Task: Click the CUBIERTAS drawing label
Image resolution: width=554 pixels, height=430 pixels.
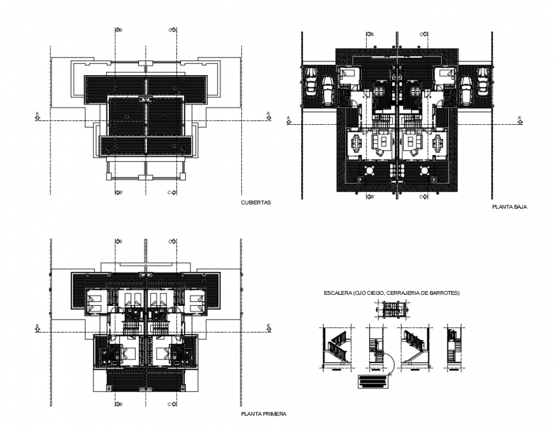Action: [x=256, y=203]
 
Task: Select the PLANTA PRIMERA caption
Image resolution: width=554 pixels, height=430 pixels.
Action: [x=264, y=413]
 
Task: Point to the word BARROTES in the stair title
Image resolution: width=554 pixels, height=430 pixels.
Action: [x=446, y=292]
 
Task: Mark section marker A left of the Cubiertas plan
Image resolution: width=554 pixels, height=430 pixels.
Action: [x=38, y=116]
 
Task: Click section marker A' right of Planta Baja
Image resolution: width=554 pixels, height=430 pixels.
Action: [x=520, y=118]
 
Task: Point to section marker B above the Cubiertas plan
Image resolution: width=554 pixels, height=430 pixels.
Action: [x=118, y=29]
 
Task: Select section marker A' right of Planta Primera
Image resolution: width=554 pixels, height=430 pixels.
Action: [x=269, y=327]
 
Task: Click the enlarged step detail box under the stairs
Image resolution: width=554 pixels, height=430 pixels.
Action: [x=373, y=382]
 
